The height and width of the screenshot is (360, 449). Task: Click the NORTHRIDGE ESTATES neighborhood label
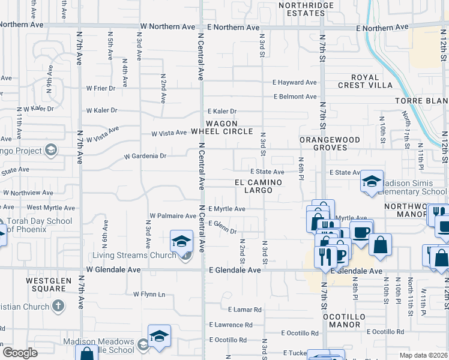(x=306, y=9)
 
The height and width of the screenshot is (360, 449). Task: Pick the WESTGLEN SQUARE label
(x=45, y=284)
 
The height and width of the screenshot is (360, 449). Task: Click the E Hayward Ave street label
(x=294, y=83)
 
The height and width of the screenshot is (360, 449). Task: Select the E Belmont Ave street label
(x=295, y=97)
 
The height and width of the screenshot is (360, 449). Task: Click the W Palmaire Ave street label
(x=173, y=215)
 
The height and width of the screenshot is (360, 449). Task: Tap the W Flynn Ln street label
(x=149, y=294)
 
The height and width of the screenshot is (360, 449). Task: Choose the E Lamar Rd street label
(x=245, y=310)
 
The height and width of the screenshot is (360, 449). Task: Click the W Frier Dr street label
(x=101, y=88)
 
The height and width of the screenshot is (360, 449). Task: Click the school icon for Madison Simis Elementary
(x=372, y=181)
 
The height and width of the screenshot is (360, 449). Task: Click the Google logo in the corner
(x=20, y=353)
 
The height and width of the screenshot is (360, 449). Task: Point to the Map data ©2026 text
(x=423, y=355)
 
